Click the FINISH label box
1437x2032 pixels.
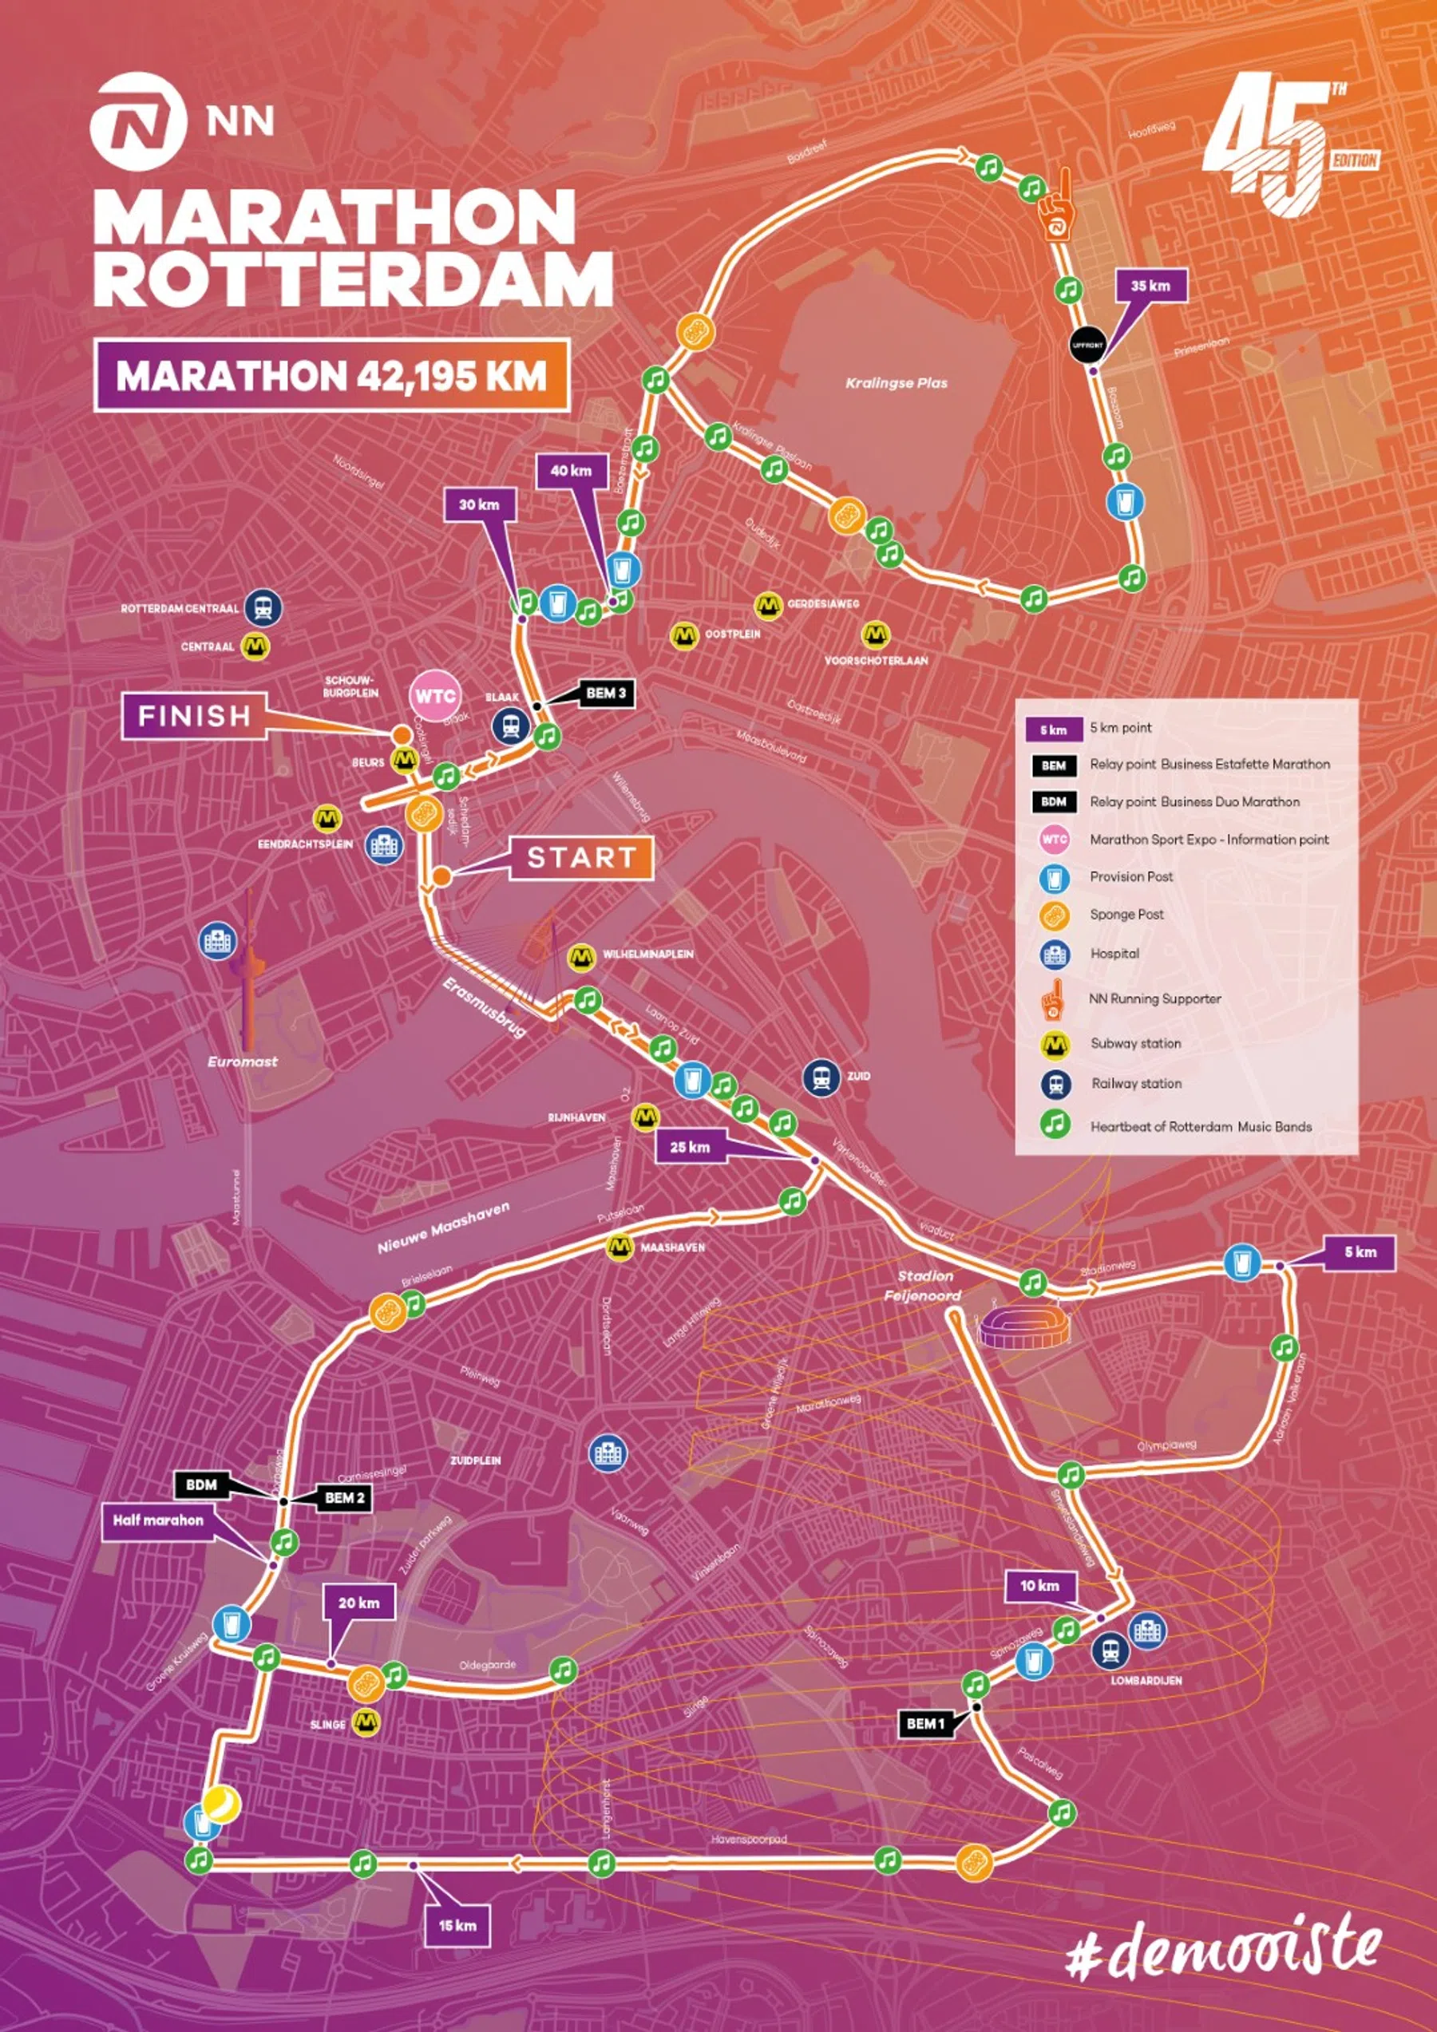[x=194, y=716]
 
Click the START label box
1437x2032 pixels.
[x=582, y=858]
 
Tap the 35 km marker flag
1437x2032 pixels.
[x=1150, y=286]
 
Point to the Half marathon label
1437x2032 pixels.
[x=159, y=1520]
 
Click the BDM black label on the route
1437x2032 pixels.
[x=202, y=1484]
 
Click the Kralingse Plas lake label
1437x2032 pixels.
[x=896, y=383]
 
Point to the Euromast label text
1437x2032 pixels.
[x=243, y=1061]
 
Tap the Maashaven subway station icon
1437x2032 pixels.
[x=619, y=1247]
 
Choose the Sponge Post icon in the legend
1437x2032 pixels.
[x=1054, y=914]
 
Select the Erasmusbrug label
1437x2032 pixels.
[x=485, y=1008]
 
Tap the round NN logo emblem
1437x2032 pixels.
[x=137, y=122]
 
